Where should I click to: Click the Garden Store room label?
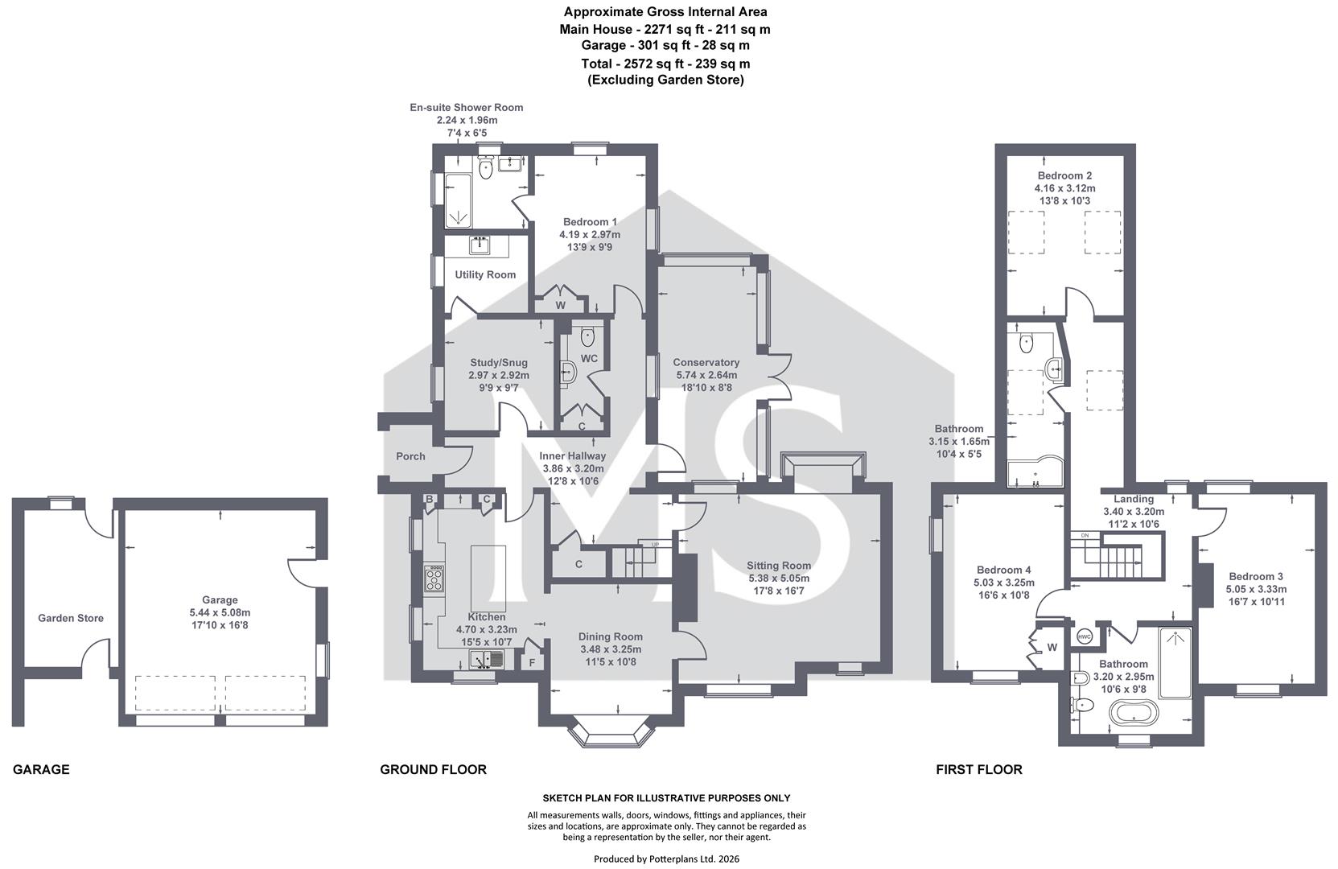[x=71, y=618]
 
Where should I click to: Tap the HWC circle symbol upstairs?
[x=1084, y=637]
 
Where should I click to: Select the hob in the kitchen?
[x=434, y=579]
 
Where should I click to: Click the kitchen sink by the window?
[x=488, y=659]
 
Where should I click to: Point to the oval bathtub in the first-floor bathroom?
[x=1133, y=713]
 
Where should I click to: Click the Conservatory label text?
[x=706, y=363]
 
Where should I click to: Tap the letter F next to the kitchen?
[x=533, y=662]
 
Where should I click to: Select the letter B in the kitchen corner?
[x=429, y=500]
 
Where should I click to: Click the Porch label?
[x=410, y=456]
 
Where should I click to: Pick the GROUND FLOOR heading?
[x=433, y=769]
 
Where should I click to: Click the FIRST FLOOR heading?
[x=979, y=769]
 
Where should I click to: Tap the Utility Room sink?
[x=479, y=245]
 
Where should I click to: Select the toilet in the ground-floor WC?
[x=588, y=337]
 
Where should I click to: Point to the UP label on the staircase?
[x=655, y=545]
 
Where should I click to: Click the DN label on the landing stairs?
[x=1085, y=536]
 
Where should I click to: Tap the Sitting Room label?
[x=779, y=566]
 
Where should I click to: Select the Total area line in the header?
[x=665, y=64]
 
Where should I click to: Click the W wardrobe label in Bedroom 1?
[x=560, y=306]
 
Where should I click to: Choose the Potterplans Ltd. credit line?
[x=666, y=859]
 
